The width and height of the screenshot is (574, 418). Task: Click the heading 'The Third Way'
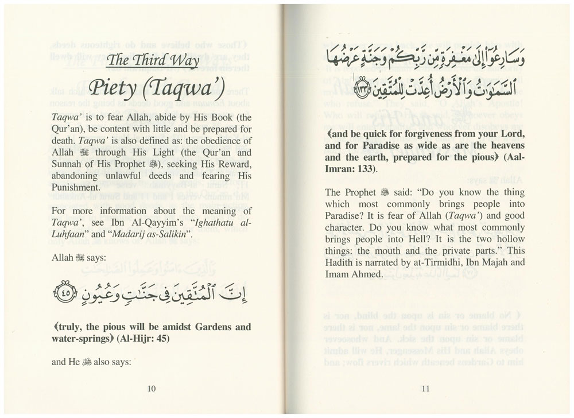[x=153, y=61]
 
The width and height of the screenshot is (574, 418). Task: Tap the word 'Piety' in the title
[x=113, y=91]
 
